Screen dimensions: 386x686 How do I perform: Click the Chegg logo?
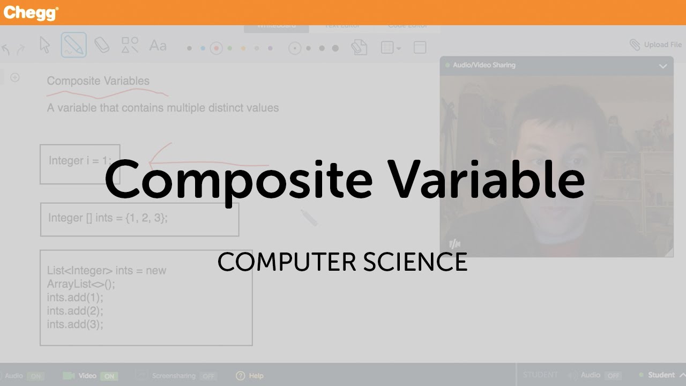pyautogui.click(x=31, y=13)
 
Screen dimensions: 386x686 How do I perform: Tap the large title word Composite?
pyautogui.click(x=238, y=179)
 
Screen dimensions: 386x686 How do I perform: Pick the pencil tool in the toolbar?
pyautogui.click(x=73, y=46)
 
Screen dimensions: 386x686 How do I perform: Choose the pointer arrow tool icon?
pyautogui.click(x=45, y=46)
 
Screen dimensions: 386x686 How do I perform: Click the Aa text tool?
pyautogui.click(x=158, y=46)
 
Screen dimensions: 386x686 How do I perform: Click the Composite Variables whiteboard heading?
pyautogui.click(x=98, y=81)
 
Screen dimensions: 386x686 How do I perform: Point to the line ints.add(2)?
pyautogui.click(x=75, y=311)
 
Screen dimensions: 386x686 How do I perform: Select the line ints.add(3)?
pyautogui.click(x=75, y=324)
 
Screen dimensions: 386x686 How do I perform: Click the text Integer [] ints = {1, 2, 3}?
pyautogui.click(x=108, y=218)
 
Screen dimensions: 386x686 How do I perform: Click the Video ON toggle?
pyautogui.click(x=109, y=376)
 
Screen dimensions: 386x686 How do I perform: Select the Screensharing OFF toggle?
pyautogui.click(x=208, y=376)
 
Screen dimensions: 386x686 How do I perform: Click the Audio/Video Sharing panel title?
pyautogui.click(x=484, y=65)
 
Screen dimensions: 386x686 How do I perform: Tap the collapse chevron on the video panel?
pyautogui.click(x=663, y=66)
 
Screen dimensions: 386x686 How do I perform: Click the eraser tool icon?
pyautogui.click(x=102, y=46)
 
